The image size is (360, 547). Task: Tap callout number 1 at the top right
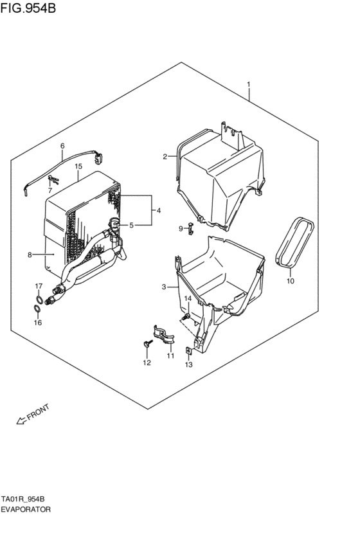249,85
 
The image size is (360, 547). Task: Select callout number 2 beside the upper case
165,156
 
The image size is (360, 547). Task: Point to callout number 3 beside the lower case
164,287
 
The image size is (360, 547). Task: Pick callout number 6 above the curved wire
62,146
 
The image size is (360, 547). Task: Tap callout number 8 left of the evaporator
30,255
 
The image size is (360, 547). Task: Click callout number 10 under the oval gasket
289,281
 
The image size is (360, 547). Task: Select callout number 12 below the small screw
147,363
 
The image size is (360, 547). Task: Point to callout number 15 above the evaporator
78,166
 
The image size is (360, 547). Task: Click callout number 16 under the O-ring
37,323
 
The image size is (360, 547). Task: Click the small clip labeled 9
190,227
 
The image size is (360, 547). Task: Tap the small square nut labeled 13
188,351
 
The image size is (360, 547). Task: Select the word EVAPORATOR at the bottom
25,508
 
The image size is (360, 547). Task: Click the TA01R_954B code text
26,499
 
